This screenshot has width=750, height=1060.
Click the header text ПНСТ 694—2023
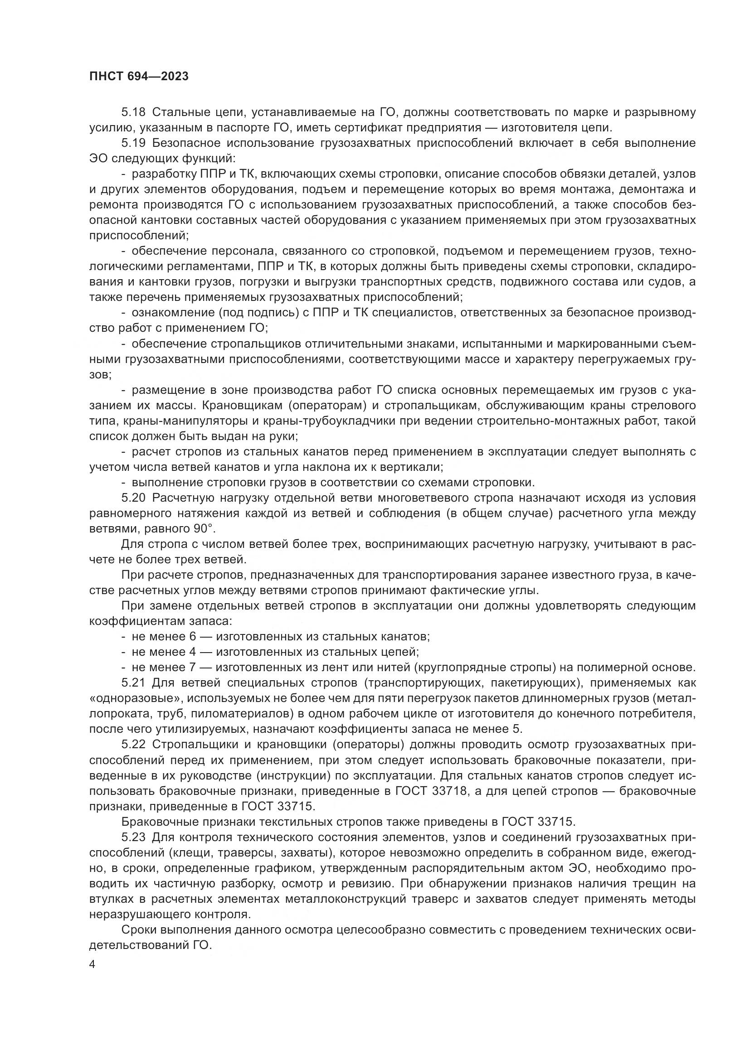point(139,77)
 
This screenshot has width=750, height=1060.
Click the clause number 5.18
point(133,112)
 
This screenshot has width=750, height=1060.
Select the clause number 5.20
point(133,498)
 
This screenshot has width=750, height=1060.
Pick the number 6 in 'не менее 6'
point(193,637)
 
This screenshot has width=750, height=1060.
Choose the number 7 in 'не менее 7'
point(193,668)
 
